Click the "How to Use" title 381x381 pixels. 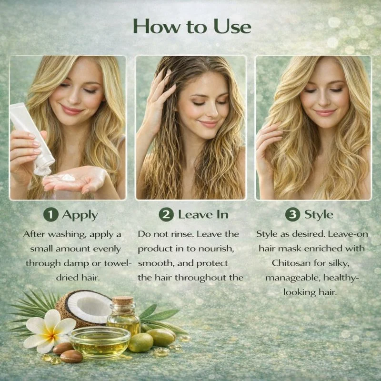pyautogui.click(x=192, y=26)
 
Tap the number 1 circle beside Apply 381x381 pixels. pyautogui.click(x=51, y=215)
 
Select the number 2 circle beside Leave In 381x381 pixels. pyautogui.click(x=166, y=214)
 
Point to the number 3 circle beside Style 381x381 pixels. pyautogui.click(x=292, y=214)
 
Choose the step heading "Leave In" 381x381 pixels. pyautogui.click(x=203, y=214)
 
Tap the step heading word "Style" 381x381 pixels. pyautogui.click(x=319, y=215)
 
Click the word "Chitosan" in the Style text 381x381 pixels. pyautogui.click(x=289, y=263)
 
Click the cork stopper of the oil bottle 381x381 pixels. pyautogui.click(x=123, y=301)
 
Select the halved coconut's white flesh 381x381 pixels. pyautogui.click(x=90, y=307)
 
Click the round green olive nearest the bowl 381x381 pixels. pyautogui.click(x=141, y=342)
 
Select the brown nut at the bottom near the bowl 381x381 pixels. pyautogui.click(x=71, y=356)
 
